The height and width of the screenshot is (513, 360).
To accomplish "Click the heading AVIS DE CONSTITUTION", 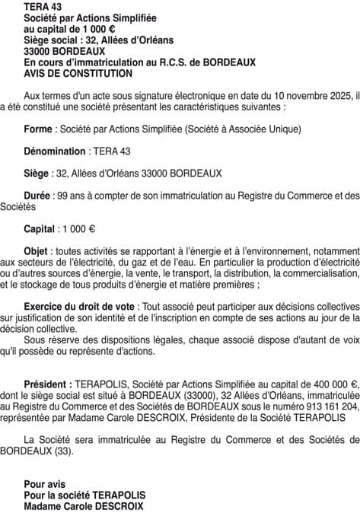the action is [x=78, y=74].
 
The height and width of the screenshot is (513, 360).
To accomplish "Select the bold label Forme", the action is [x=38, y=129].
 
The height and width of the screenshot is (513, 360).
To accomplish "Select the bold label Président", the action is [x=48, y=384].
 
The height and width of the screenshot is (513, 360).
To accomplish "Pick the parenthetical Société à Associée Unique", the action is [x=243, y=129].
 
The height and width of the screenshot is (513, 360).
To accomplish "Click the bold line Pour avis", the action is [x=44, y=484].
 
